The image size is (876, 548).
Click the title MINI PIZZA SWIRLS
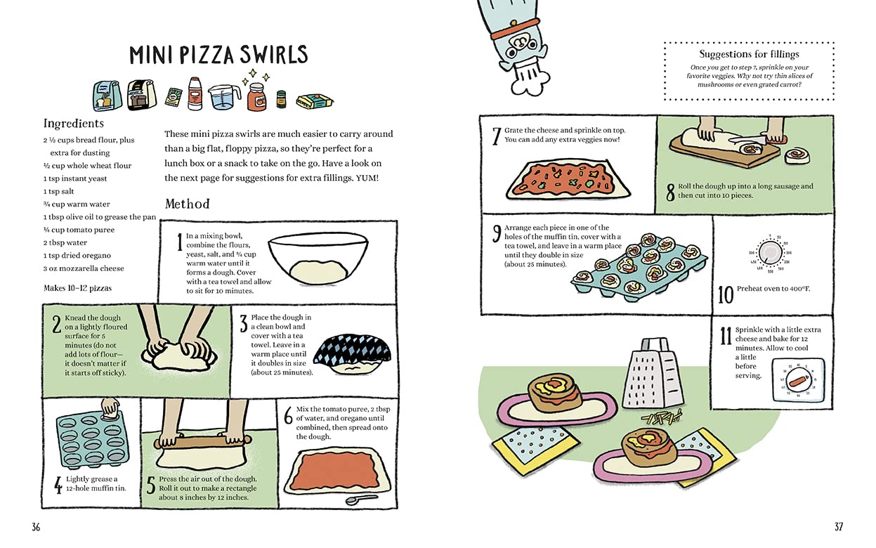[218, 56]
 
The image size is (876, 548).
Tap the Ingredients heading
[74, 124]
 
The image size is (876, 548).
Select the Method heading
[187, 204]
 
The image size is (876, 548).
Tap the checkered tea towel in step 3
[348, 349]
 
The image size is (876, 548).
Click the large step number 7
[496, 135]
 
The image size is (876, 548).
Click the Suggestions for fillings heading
[749, 54]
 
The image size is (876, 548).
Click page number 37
[839, 526]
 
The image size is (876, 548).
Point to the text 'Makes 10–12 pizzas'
[77, 287]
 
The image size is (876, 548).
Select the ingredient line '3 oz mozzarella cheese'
[84, 268]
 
